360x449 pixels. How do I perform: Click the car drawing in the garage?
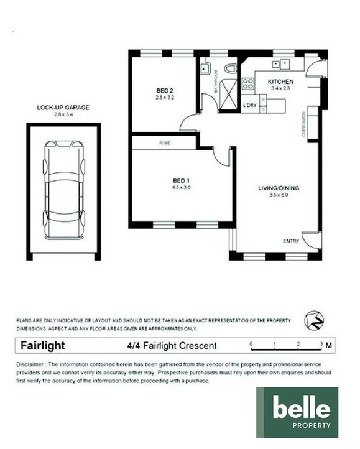[x=63, y=190]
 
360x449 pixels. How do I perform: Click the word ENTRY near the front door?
[x=290, y=241]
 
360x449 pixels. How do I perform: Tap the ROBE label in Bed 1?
[x=165, y=143]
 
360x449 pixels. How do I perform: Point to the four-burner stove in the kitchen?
[x=247, y=83]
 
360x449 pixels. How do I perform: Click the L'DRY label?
[x=250, y=104]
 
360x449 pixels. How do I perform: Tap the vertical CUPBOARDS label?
[x=303, y=124]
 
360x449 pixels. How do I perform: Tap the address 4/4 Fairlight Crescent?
[x=170, y=346]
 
